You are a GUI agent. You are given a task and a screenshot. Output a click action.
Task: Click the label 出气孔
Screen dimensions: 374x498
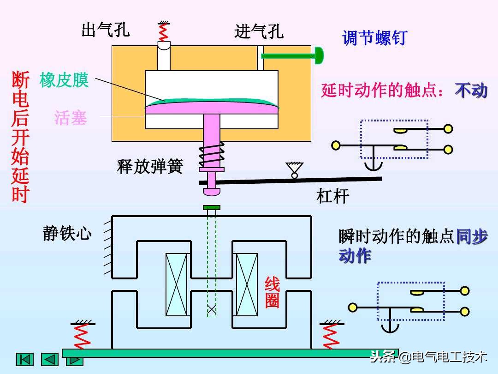[106, 30]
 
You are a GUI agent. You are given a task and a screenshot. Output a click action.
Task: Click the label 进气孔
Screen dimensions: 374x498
[259, 31]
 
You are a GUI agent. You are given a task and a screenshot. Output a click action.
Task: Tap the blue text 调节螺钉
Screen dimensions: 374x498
[374, 38]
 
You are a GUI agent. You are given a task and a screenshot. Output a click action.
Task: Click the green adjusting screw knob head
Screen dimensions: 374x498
[319, 56]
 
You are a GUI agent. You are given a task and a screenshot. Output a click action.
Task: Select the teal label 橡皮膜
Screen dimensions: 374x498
[64, 80]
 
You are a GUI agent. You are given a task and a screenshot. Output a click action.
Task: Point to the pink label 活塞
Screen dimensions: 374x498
[71, 117]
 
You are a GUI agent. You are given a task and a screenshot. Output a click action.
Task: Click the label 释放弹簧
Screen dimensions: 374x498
[150, 166]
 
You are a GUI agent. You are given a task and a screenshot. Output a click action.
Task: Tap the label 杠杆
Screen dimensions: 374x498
[332, 196]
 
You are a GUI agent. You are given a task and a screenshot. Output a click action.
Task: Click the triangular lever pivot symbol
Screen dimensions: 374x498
[294, 169]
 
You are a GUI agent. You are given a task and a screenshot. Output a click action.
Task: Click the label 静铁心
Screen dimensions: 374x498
[67, 233]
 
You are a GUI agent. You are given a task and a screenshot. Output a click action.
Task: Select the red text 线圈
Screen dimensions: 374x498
[272, 292]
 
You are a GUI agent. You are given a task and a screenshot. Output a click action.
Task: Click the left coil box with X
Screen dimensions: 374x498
[177, 284]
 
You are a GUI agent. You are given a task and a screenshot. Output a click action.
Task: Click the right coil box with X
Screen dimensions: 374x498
[247, 284]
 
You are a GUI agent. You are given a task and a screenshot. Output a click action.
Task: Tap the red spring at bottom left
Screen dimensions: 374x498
[82, 336]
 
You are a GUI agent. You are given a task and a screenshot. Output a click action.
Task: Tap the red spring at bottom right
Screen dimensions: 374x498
[330, 336]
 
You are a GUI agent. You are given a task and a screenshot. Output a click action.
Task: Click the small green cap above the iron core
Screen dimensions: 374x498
[212, 207]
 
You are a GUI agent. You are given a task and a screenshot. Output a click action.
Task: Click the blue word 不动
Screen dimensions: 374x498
[471, 90]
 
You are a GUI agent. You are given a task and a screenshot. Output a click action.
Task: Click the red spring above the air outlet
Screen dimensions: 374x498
[163, 31]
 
